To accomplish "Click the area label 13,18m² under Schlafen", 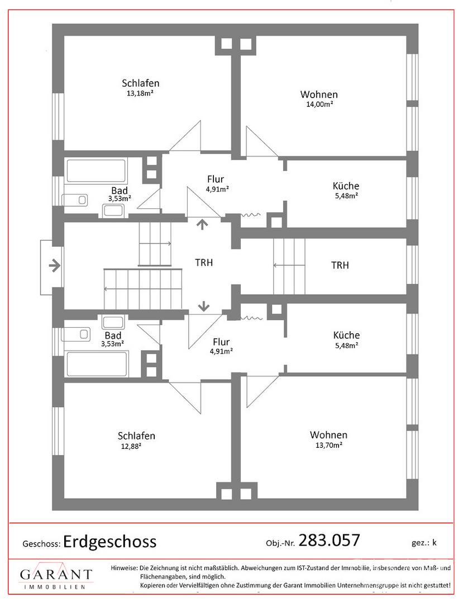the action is [x=140, y=93].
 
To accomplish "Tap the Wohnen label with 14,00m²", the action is [x=319, y=94].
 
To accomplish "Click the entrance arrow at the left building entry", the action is [x=55, y=265].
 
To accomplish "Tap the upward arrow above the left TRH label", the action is [x=202, y=224].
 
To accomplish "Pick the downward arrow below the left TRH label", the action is [x=203, y=306].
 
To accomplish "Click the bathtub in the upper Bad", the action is [x=96, y=171].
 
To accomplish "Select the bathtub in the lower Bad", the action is [x=97, y=364].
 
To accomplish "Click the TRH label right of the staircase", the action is [x=340, y=265].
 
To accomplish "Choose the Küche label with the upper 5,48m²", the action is [x=346, y=186].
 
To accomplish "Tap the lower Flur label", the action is [x=221, y=342].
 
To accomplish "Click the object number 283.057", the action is [x=329, y=540].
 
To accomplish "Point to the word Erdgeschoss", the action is [x=110, y=542].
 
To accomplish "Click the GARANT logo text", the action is [x=56, y=575].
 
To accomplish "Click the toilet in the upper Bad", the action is [x=75, y=200].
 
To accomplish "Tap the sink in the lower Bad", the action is [x=113, y=322].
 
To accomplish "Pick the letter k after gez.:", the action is [x=434, y=543].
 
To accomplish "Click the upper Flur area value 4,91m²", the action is [x=218, y=189].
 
